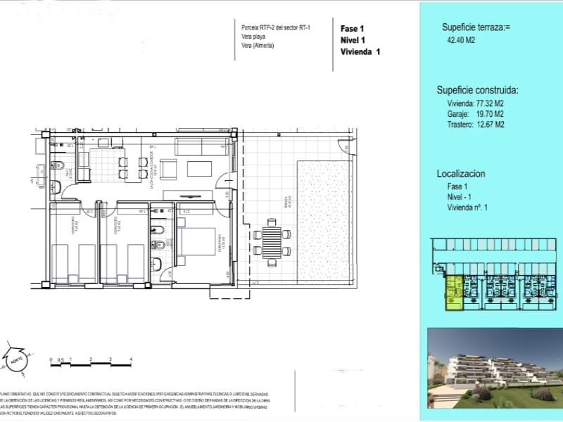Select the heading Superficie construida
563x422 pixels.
478,90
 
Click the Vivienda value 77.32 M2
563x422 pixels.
491,103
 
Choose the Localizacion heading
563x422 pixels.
460,173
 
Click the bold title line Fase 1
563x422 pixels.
353,29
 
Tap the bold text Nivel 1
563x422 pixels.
355,40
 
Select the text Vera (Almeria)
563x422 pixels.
258,46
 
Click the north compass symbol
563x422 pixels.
16,359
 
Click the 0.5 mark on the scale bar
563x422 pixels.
61,359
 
